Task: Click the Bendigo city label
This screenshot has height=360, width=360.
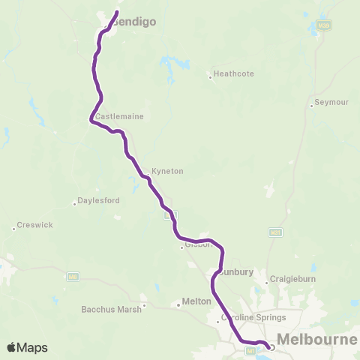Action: pos(135,22)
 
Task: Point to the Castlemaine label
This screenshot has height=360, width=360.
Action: pos(119,117)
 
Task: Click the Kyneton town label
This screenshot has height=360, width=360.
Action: pos(167,171)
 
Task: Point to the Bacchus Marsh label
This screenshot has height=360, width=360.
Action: pos(111,309)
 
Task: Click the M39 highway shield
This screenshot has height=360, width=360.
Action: pos(322,25)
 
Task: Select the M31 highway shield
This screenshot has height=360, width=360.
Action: pos(276,233)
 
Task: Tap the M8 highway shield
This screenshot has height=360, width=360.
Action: pos(73,277)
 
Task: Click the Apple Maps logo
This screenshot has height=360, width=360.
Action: pos(27,347)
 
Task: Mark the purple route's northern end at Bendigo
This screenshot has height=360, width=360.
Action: pos(117,11)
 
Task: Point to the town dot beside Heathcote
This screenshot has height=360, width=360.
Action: pos(209,74)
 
